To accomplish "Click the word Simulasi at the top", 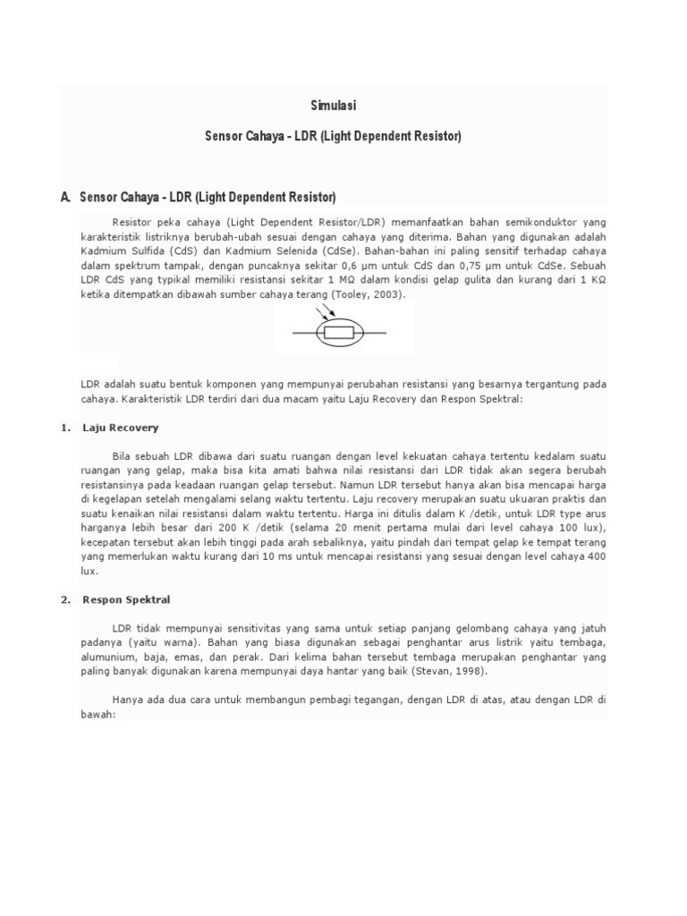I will point(334,106).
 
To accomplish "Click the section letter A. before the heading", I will point(65,195).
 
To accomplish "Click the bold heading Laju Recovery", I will point(120,428).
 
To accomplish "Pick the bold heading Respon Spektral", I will point(126,599).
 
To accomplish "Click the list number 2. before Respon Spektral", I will point(65,599).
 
